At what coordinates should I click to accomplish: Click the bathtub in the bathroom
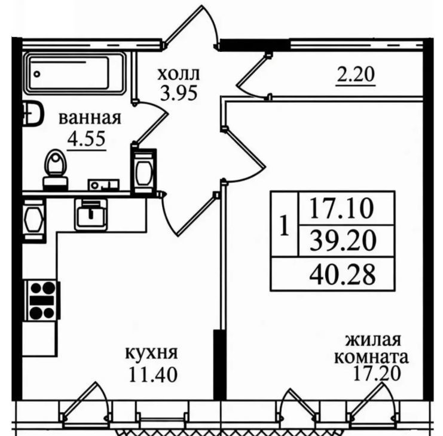tap(75, 73)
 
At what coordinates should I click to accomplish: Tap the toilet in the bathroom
tap(56, 170)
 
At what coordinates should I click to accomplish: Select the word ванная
tap(90, 118)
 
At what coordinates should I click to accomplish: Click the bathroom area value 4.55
tap(87, 139)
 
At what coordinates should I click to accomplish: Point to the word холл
tap(179, 75)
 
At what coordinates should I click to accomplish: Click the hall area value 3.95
tap(179, 93)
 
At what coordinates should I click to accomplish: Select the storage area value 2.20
tap(356, 74)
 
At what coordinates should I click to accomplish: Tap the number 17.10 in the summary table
tap(342, 208)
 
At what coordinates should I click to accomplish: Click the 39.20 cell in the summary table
tap(343, 241)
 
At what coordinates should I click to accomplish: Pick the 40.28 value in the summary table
tap(343, 274)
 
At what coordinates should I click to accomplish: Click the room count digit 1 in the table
tap(285, 226)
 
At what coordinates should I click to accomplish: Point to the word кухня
tap(151, 353)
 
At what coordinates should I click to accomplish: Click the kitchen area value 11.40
tap(153, 374)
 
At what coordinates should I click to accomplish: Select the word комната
tap(372, 358)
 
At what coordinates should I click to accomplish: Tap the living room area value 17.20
tap(377, 373)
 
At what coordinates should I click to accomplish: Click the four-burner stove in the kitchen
tap(42, 300)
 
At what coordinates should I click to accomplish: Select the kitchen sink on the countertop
tap(90, 213)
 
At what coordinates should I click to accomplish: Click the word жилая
tap(373, 340)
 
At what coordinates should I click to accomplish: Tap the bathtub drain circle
tap(36, 74)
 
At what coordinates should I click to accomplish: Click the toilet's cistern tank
tap(56, 183)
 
